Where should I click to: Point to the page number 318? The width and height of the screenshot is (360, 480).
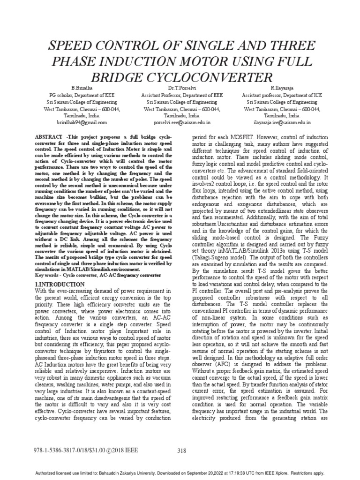pos(182,451)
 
